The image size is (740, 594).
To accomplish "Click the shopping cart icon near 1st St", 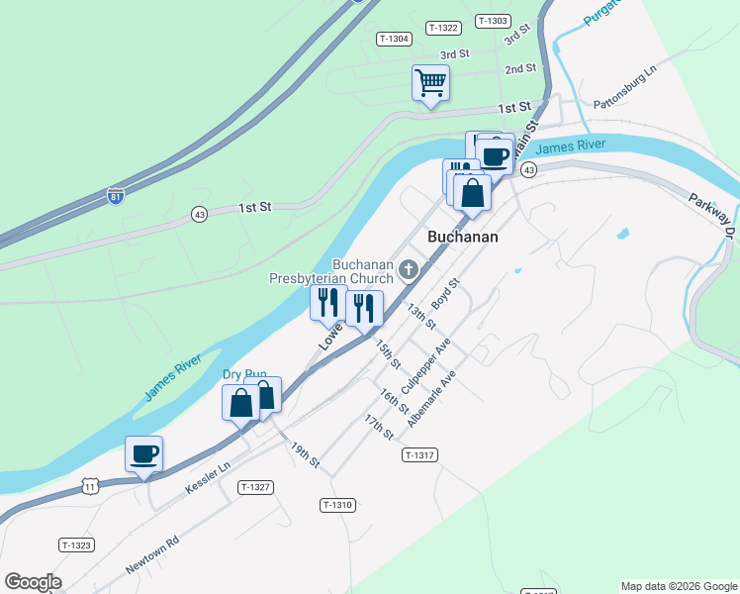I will tap(430, 82).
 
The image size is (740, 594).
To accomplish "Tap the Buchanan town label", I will tap(462, 238).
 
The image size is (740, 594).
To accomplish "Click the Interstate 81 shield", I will tap(117, 195).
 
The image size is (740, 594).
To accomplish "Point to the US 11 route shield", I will tap(91, 486).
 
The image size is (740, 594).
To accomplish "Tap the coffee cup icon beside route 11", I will tap(144, 454).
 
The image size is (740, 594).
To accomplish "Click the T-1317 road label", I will tap(419, 454).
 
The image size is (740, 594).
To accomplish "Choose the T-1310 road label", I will tap(337, 505).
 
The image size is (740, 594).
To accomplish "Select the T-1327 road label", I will tap(255, 486).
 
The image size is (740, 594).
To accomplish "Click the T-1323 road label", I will tap(76, 544).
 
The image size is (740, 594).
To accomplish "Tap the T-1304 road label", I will tap(394, 39).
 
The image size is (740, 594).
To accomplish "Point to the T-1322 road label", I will tap(443, 28).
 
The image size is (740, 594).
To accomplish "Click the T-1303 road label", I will tap(492, 21).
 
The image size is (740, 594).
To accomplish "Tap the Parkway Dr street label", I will tap(712, 209).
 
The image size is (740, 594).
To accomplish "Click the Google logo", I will tap(33, 582).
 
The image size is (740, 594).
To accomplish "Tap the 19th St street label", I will tap(305, 455).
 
